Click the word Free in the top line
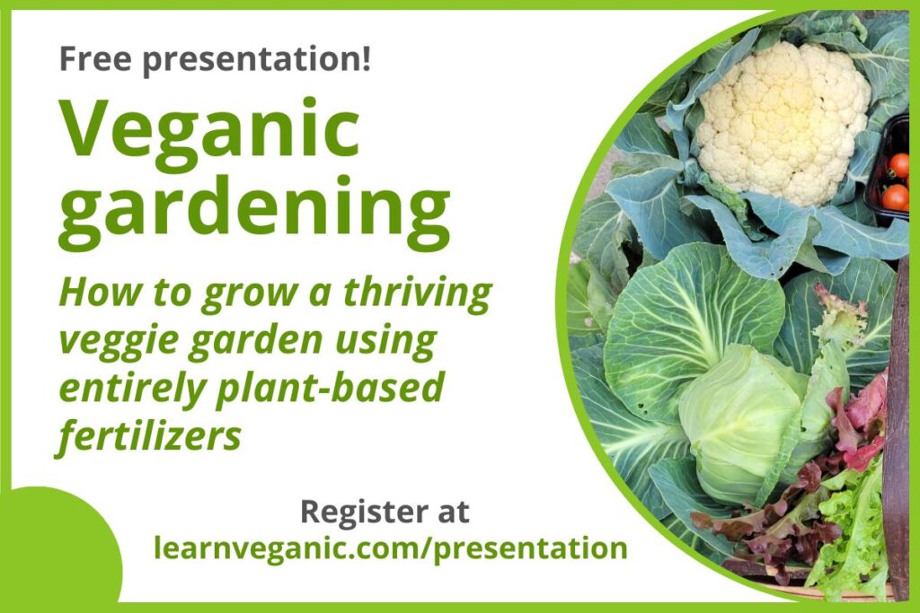pyautogui.click(x=95, y=58)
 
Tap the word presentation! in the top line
pyautogui.click(x=257, y=60)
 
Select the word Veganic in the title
pyautogui.click(x=208, y=127)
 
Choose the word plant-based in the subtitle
pyautogui.click(x=330, y=387)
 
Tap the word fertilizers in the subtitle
pyautogui.click(x=149, y=434)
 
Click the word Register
pyautogui.click(x=360, y=512)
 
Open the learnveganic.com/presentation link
pyautogui.click(x=390, y=548)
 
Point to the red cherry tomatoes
pyautogui.click(x=898, y=180)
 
